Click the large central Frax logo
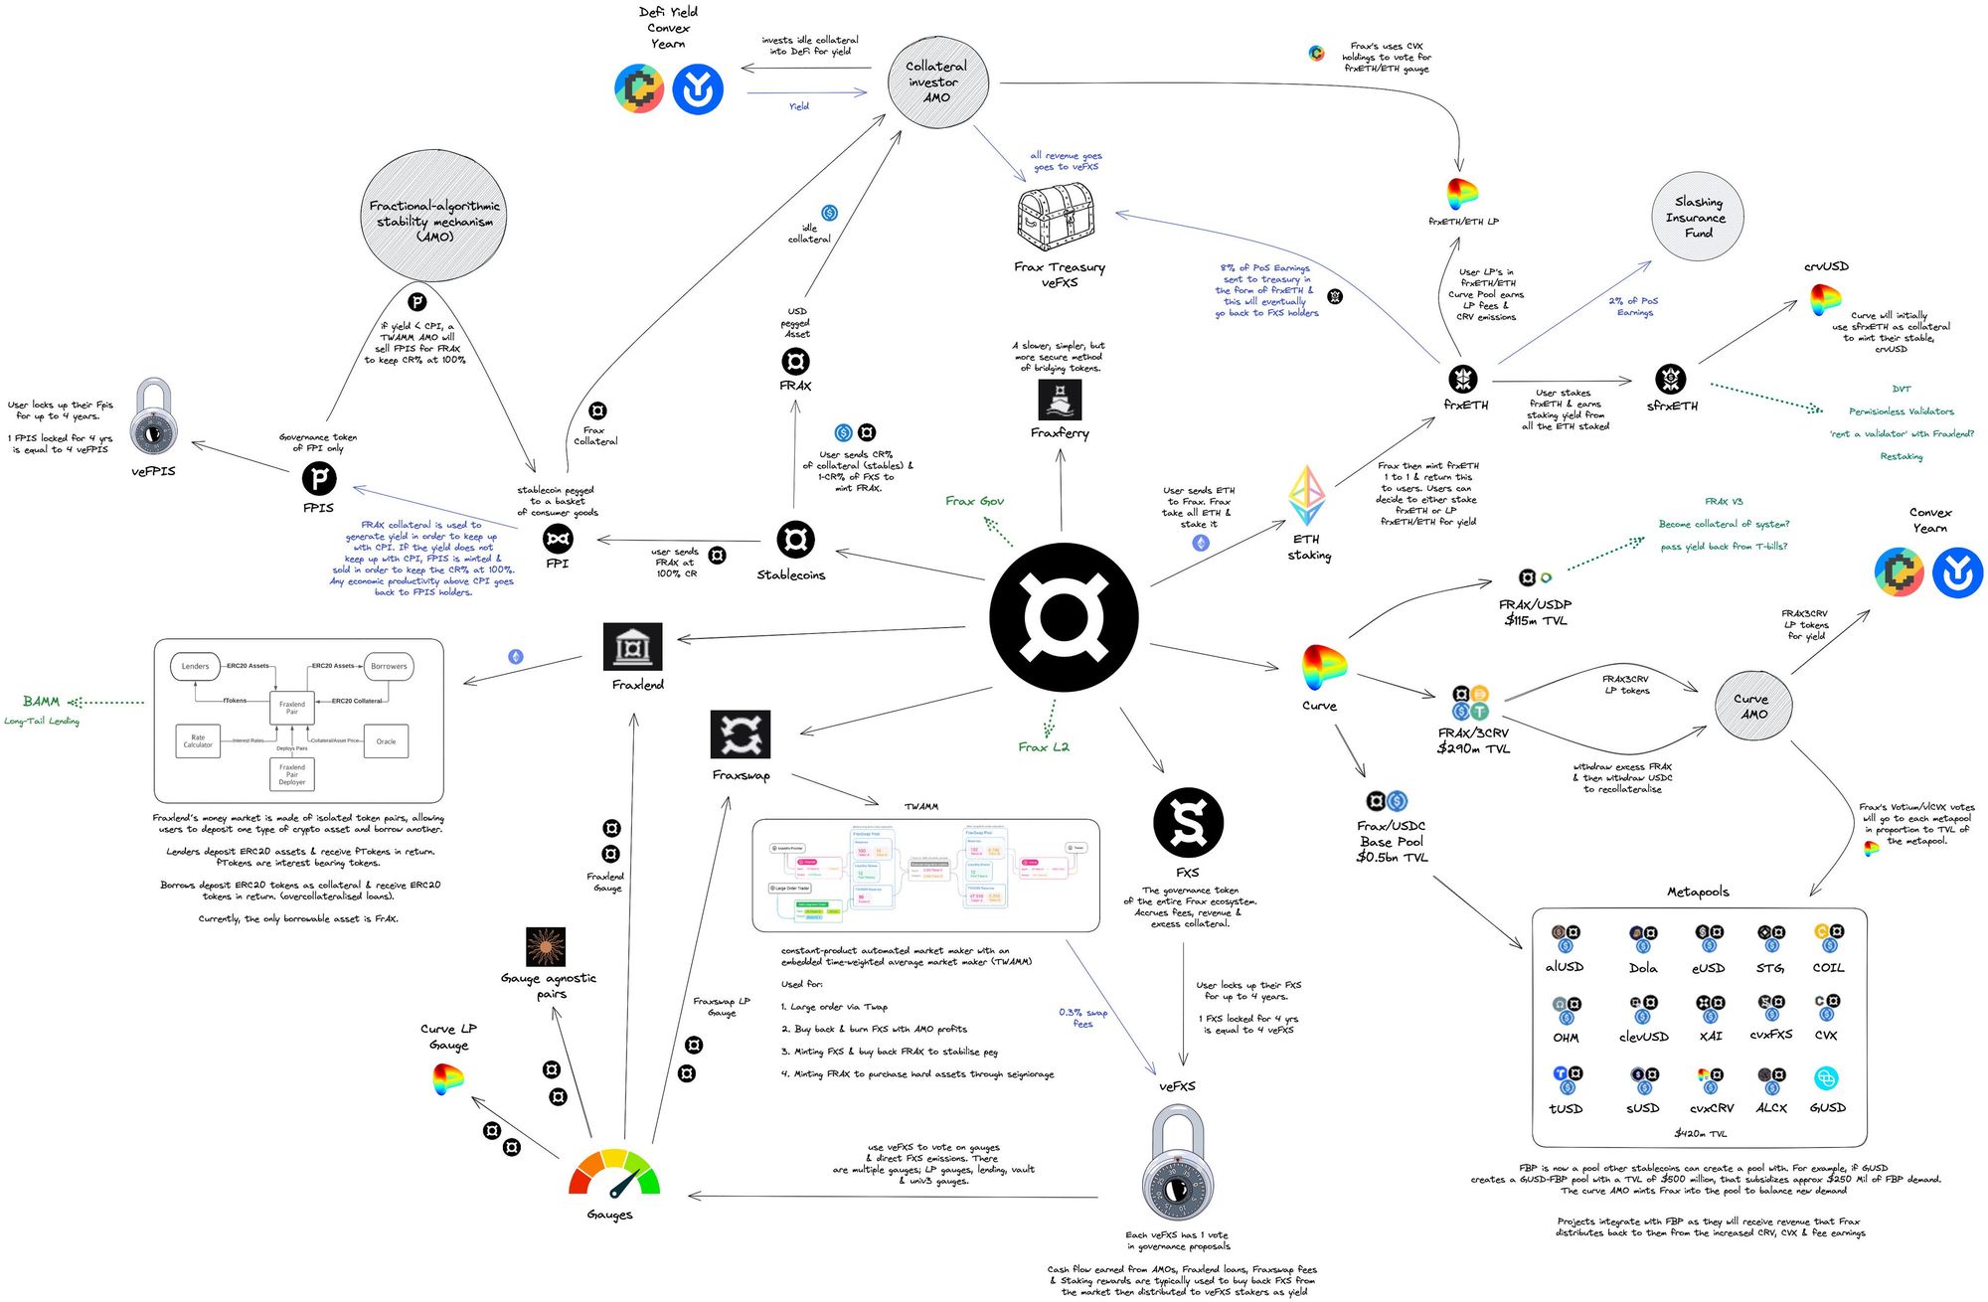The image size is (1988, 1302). (x=1064, y=617)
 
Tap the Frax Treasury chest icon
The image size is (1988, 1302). (x=1057, y=218)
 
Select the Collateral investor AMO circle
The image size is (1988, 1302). (x=937, y=82)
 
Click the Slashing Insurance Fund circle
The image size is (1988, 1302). (x=1698, y=217)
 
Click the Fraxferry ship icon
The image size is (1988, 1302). (x=1060, y=400)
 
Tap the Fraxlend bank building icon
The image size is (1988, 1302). (x=632, y=647)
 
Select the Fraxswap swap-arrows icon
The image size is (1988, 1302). (x=741, y=734)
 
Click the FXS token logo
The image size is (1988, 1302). (x=1188, y=823)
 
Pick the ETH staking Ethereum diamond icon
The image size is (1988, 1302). (x=1306, y=495)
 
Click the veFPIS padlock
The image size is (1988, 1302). (x=154, y=415)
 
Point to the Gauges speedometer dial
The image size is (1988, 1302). (x=613, y=1174)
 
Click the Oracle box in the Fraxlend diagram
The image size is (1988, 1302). (x=387, y=741)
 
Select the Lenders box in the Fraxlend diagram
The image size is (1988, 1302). (x=196, y=666)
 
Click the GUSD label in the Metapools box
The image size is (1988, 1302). (x=1827, y=1107)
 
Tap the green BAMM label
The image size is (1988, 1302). (x=42, y=702)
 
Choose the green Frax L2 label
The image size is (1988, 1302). (x=1044, y=747)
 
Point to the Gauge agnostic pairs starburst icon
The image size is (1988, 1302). (x=546, y=947)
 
